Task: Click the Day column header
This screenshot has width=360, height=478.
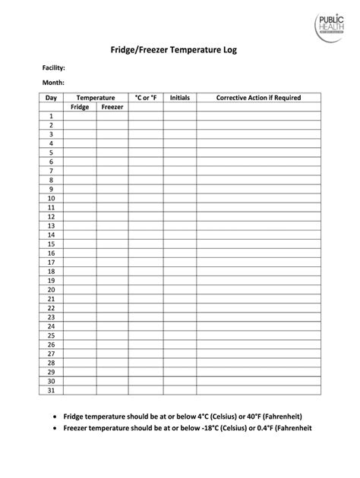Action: (51, 98)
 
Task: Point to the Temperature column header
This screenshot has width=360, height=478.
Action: (96, 98)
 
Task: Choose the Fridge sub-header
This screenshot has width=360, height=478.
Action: (80, 107)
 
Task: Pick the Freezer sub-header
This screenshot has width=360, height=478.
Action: (112, 107)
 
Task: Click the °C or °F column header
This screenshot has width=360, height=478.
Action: (145, 98)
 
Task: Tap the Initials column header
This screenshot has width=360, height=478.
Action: (180, 98)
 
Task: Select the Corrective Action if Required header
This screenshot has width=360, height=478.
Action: (258, 98)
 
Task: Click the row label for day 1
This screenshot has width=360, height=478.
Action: (51, 116)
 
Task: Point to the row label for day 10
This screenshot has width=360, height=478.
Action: (51, 198)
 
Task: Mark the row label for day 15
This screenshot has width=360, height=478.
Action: (51, 244)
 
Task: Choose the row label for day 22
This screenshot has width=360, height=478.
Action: (51, 307)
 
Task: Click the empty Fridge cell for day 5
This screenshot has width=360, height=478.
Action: (80, 153)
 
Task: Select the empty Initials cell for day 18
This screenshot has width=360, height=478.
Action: (180, 271)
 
